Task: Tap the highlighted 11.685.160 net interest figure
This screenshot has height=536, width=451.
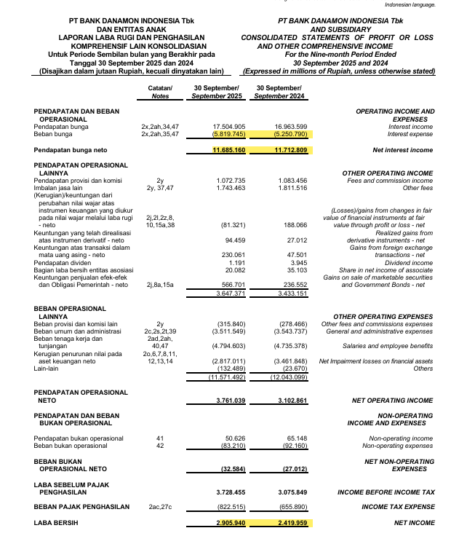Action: pos(229,150)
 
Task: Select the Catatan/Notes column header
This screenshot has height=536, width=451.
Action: pos(160,92)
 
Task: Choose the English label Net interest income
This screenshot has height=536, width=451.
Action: pos(402,150)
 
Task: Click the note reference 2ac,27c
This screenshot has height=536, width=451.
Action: pos(160,506)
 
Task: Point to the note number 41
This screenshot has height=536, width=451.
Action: pos(160,438)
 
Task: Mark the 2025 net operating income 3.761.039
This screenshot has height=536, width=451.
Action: pos(230,401)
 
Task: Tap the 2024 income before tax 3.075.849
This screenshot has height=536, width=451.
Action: pos(292,492)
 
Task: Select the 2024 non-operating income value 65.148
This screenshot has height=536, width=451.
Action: pos(295,438)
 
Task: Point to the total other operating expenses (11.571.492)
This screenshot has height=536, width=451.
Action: pos(227,377)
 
